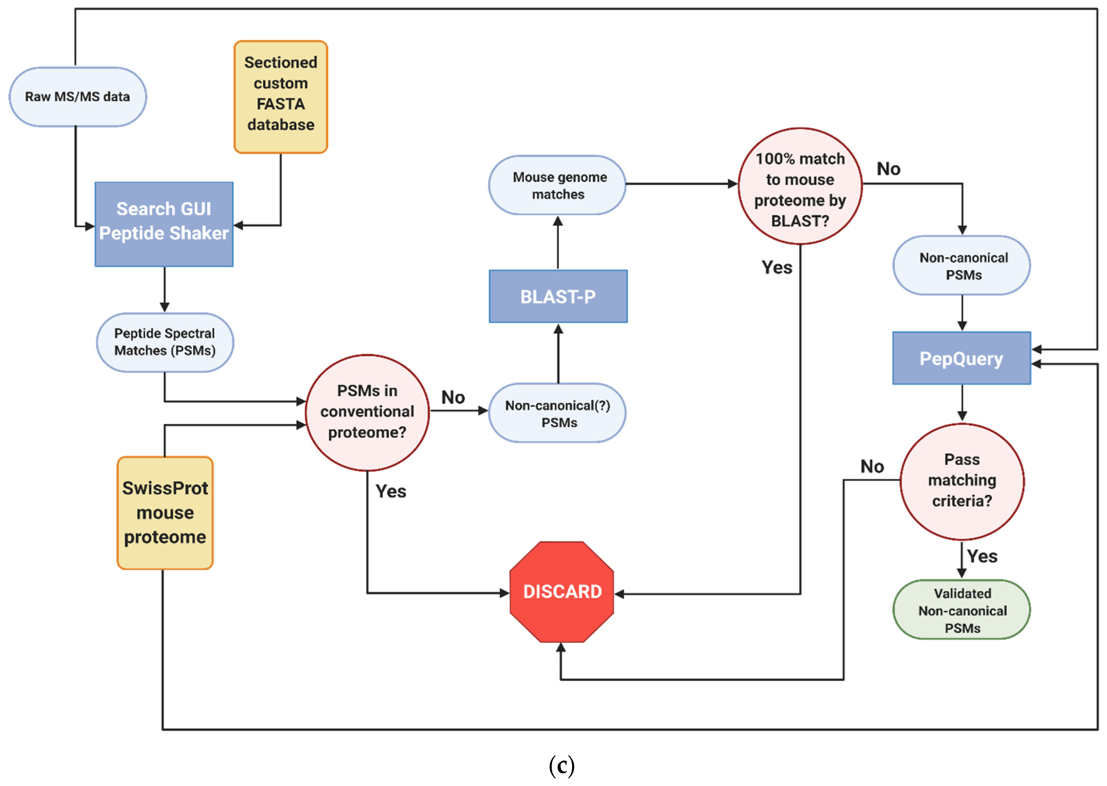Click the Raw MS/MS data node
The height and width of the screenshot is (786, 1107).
(77, 97)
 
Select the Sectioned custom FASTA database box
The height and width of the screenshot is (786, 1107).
(281, 97)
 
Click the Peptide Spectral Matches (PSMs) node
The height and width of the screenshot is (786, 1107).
(165, 342)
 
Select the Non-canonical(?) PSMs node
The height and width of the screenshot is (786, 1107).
(558, 413)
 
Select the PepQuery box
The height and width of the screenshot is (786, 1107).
(961, 358)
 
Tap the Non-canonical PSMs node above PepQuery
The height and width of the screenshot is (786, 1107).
(961, 266)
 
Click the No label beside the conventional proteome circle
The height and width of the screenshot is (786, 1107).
(453, 398)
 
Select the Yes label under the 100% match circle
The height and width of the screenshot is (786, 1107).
(776, 268)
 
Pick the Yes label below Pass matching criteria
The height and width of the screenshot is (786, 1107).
(982, 556)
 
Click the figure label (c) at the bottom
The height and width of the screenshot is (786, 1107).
(561, 766)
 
